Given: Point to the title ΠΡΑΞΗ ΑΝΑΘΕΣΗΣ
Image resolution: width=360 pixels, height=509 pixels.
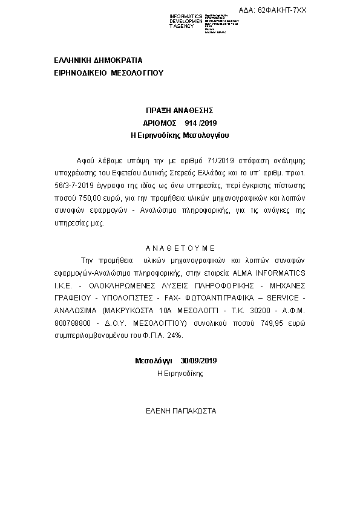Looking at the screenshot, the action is click(180, 111).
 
